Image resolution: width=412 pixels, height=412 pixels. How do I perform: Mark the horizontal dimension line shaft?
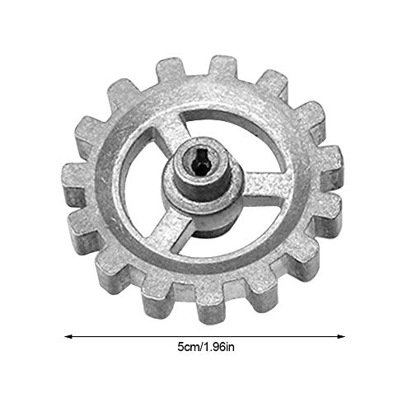click(206, 336)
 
